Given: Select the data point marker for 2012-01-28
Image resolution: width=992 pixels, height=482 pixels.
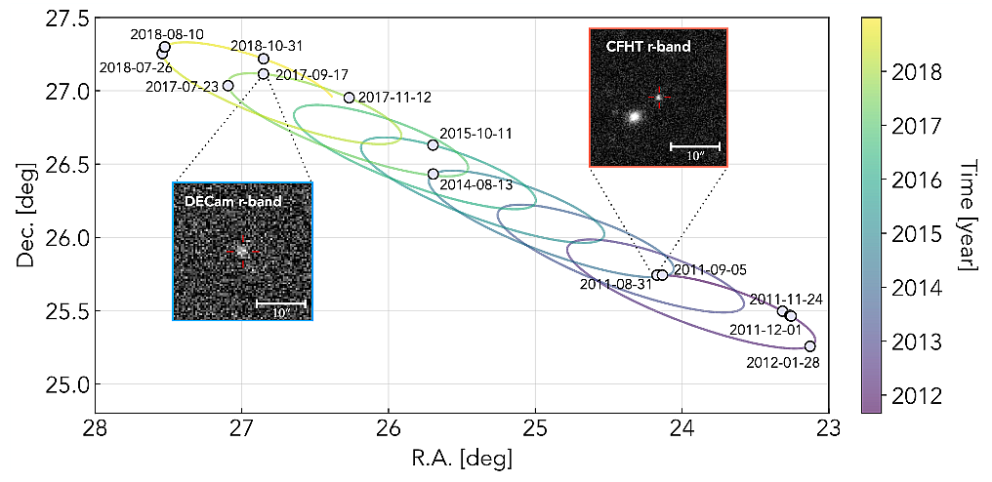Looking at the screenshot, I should pyautogui.click(x=809, y=346).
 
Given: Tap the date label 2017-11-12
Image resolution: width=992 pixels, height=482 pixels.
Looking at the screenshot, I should pyautogui.click(x=394, y=98).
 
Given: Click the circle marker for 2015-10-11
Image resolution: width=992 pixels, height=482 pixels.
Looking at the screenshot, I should pyautogui.click(x=434, y=145).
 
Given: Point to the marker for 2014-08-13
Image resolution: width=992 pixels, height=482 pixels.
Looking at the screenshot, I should pyautogui.click(x=434, y=174).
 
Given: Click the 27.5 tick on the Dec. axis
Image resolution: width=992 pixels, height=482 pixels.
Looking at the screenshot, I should pyautogui.click(x=65, y=19).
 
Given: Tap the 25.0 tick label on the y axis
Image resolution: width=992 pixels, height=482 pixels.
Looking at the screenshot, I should pyautogui.click(x=65, y=384).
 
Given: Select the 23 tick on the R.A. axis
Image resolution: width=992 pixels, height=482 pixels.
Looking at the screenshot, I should pyautogui.click(x=829, y=428).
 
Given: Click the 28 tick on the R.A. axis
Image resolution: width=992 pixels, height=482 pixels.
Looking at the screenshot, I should pyautogui.click(x=95, y=428).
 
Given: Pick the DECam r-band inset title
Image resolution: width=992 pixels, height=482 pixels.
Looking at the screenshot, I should pyautogui.click(x=232, y=201).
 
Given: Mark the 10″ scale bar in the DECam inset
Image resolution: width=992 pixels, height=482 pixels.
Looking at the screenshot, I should pyautogui.click(x=280, y=304).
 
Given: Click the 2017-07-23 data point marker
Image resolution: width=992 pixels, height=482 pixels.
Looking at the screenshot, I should pyautogui.click(x=227, y=86).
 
